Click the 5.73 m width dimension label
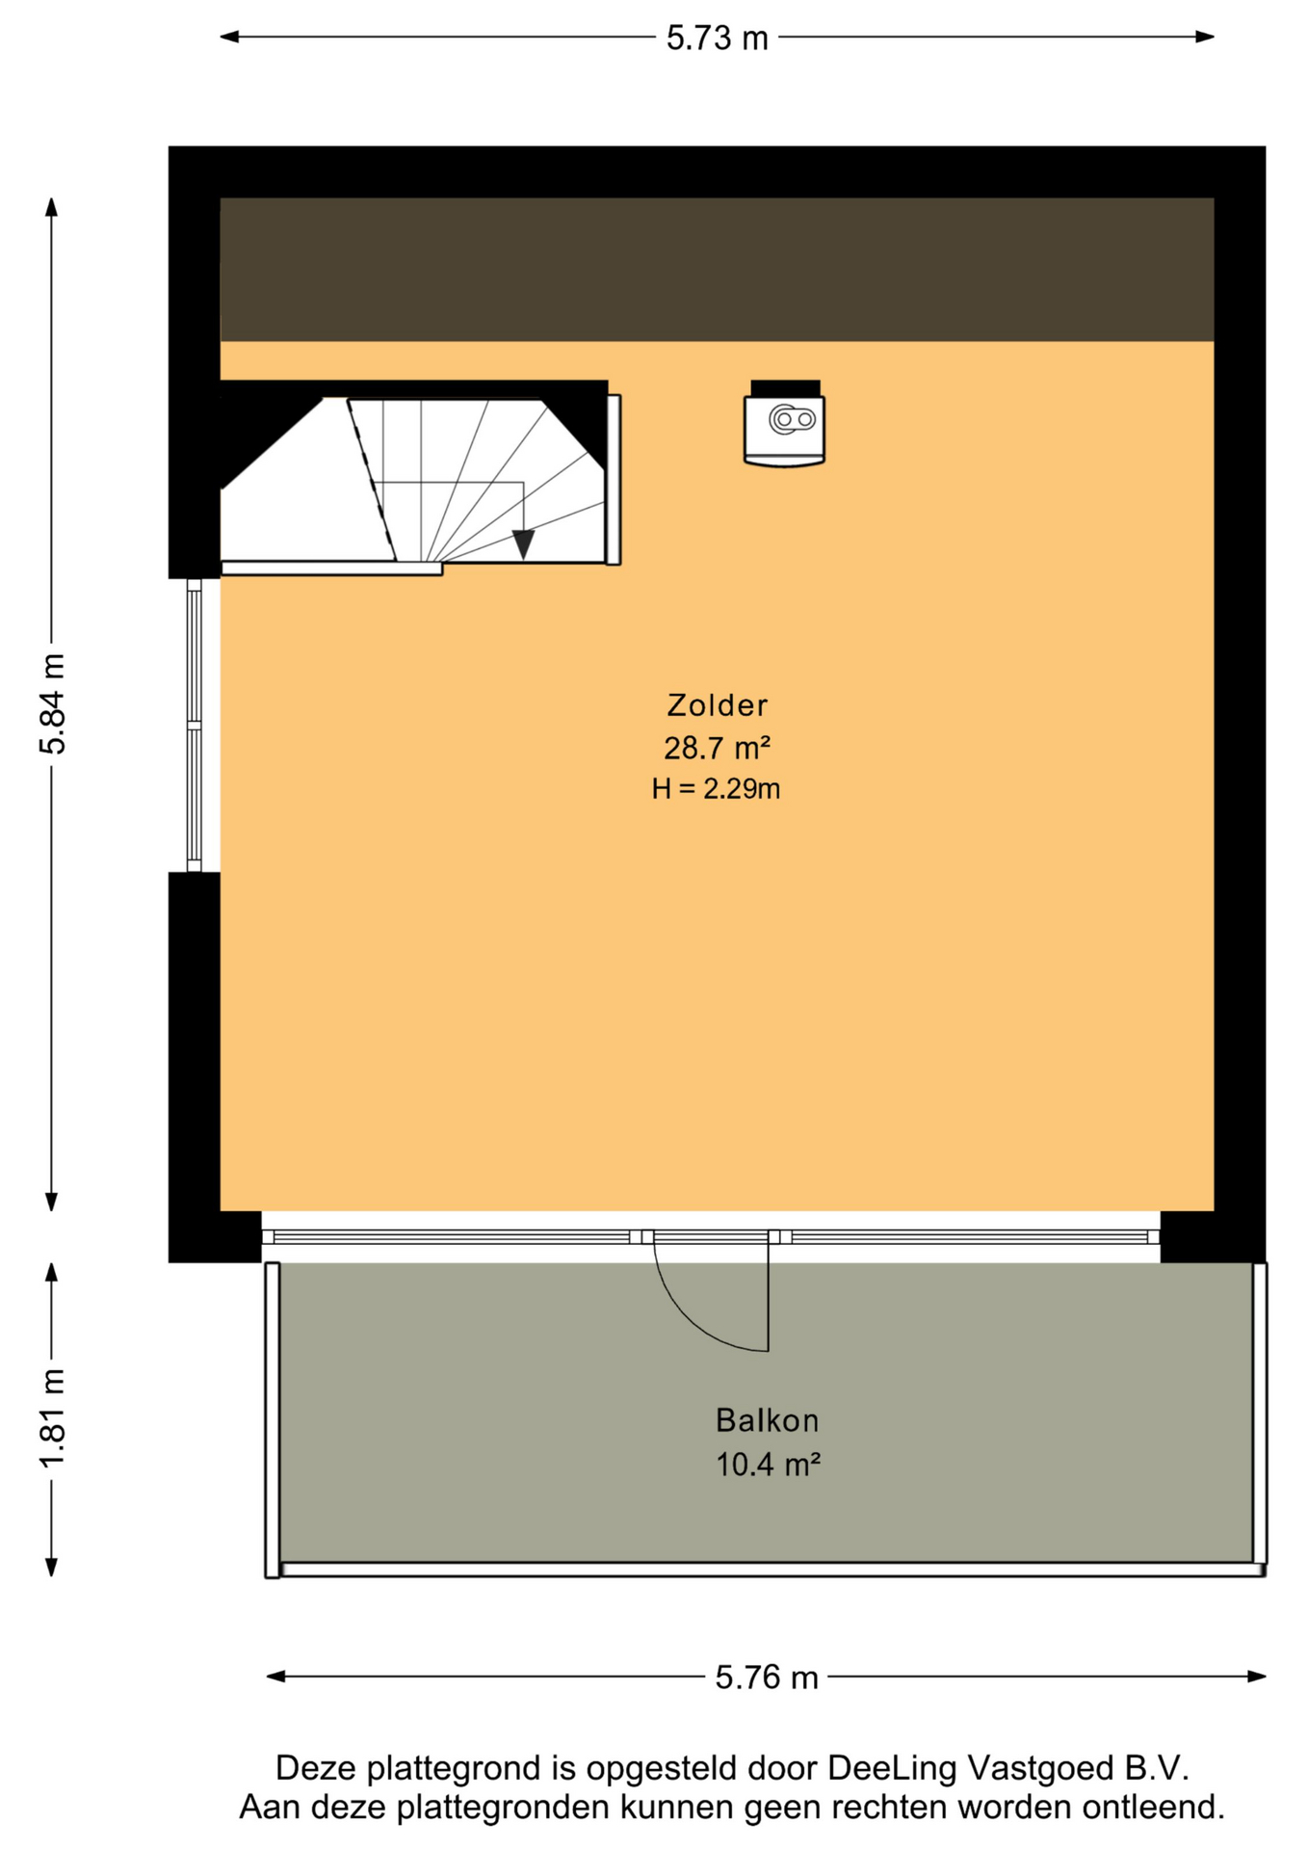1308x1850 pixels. point(718,39)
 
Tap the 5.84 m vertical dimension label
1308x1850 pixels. point(52,703)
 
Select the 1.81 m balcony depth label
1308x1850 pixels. point(52,1418)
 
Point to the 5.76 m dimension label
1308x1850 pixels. point(767,1678)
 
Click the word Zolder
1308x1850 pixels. point(718,705)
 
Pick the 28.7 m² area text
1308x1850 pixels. point(717,748)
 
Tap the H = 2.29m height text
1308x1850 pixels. point(716,789)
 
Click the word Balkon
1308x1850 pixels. point(767,1420)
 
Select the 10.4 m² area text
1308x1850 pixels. point(768,1465)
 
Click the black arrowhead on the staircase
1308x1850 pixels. point(523,544)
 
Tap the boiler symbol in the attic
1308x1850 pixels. point(785,424)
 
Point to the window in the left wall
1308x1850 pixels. point(195,725)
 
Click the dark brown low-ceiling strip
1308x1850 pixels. point(717,270)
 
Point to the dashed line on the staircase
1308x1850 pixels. point(372,479)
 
